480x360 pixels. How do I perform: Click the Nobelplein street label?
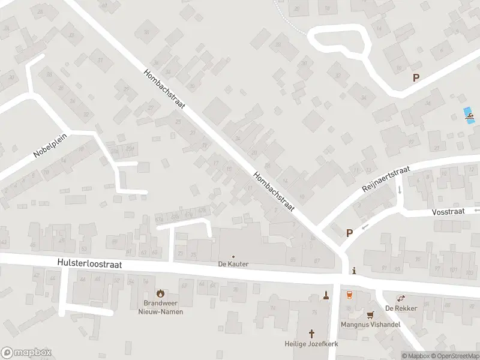click(51, 145)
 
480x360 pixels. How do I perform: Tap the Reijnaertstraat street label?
click(385, 178)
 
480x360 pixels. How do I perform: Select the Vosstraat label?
click(449, 212)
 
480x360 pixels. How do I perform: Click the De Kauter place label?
click(233, 264)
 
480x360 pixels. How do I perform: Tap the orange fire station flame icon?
click(160, 293)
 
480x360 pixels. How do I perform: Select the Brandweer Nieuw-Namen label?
click(160, 307)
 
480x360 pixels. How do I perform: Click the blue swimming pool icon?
click(470, 115)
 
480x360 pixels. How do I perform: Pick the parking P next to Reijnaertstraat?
click(349, 233)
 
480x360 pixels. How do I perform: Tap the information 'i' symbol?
click(355, 271)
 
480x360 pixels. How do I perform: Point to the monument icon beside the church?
click(326, 295)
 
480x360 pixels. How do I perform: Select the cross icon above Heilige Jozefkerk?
click(312, 333)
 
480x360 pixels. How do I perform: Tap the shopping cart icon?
click(370, 314)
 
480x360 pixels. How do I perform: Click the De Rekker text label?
click(397, 308)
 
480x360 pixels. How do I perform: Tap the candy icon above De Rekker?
click(400, 298)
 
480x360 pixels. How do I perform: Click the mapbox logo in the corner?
click(26, 353)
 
